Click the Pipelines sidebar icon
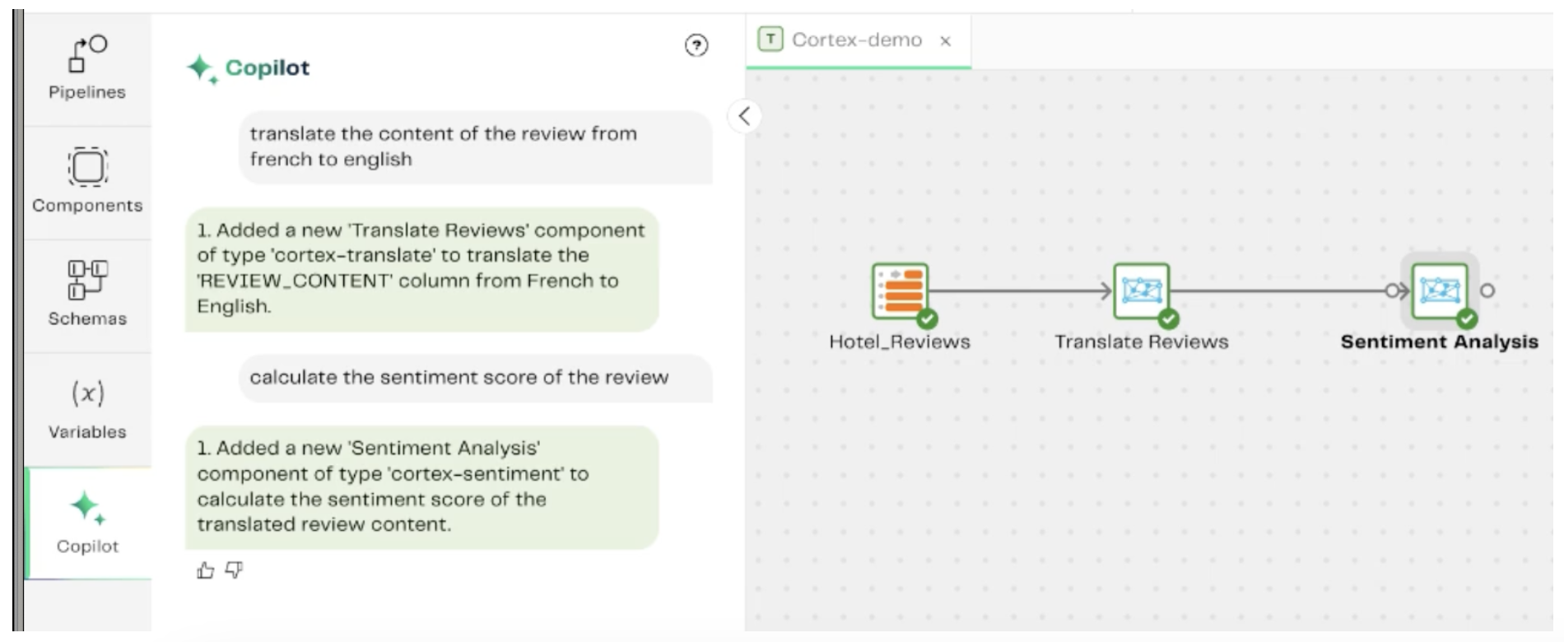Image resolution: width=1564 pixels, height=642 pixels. (x=86, y=54)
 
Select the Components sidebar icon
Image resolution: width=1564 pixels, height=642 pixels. (x=87, y=167)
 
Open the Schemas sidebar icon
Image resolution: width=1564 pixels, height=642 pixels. (x=87, y=280)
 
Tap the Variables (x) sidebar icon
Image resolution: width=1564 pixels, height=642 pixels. (x=87, y=393)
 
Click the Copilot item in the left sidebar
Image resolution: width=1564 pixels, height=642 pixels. (x=87, y=522)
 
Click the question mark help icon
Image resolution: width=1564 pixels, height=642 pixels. (x=696, y=45)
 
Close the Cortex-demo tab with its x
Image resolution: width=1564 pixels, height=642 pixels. (x=946, y=41)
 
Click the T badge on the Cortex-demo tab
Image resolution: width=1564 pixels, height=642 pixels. (x=770, y=40)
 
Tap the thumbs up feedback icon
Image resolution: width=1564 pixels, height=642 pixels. (x=206, y=570)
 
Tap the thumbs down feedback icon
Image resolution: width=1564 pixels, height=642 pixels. (x=235, y=570)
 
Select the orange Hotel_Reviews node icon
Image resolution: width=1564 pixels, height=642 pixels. (x=901, y=291)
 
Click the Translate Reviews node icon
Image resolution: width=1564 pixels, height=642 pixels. (x=1142, y=291)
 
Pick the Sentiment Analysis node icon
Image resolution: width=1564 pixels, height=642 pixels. (x=1440, y=291)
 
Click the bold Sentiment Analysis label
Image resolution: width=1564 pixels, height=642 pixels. (x=1439, y=342)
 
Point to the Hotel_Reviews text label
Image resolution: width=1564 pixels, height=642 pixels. (x=900, y=342)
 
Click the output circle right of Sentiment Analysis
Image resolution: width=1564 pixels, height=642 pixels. (x=1487, y=291)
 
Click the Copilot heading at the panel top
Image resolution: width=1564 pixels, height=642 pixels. (x=268, y=67)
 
